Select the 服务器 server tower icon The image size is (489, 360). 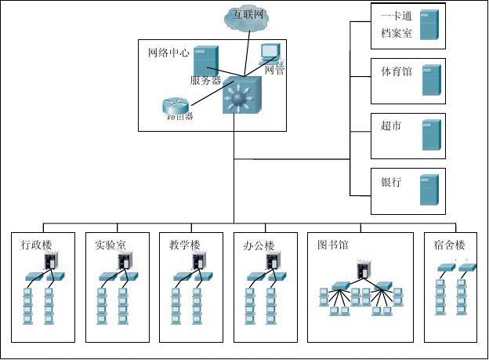205,60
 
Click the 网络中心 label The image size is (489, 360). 168,53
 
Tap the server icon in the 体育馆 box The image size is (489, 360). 429,80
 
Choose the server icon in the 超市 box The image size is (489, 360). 429,135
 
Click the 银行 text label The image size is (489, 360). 391,182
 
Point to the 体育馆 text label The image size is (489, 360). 397,71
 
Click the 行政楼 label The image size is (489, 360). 37,245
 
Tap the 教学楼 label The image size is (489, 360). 185,245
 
